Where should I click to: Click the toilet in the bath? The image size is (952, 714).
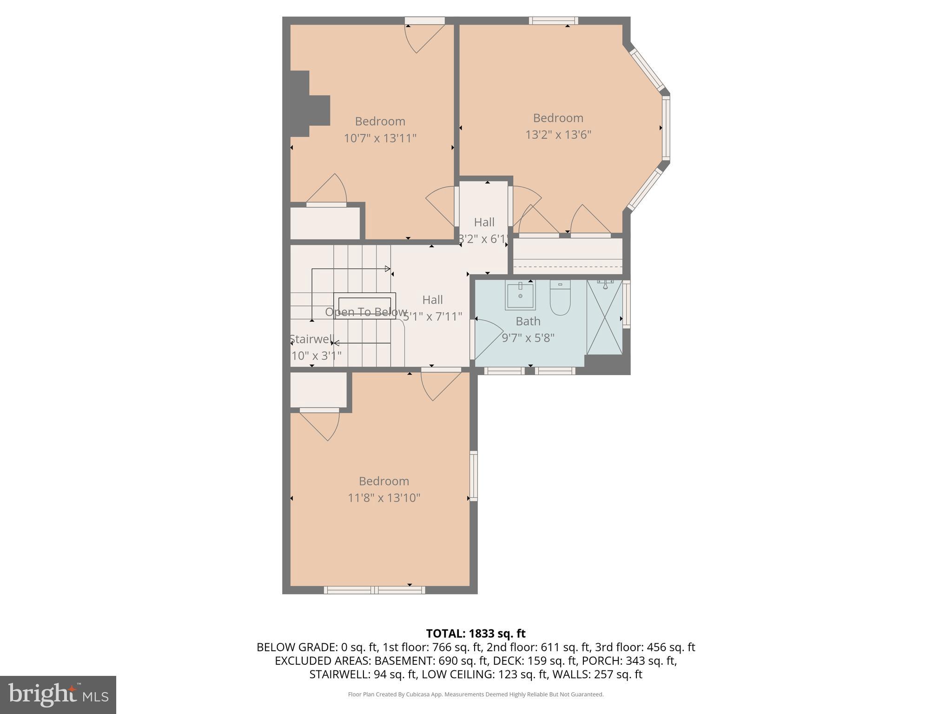click(560, 299)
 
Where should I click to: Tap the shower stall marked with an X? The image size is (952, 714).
click(604, 318)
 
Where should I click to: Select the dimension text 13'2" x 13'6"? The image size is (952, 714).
click(558, 135)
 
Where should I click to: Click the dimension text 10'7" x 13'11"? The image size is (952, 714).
click(380, 139)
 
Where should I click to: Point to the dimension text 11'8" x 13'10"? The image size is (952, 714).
click(384, 498)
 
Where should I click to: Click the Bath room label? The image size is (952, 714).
click(528, 321)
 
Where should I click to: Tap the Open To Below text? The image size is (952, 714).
click(366, 312)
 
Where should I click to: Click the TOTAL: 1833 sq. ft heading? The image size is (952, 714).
click(476, 634)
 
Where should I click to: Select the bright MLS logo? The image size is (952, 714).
click(58, 694)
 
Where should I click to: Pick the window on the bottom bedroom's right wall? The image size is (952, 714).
click(473, 476)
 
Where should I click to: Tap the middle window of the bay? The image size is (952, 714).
click(666, 128)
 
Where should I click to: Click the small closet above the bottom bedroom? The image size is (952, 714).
click(318, 390)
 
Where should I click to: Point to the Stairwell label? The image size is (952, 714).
click(311, 339)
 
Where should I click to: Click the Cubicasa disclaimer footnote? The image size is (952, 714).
click(476, 694)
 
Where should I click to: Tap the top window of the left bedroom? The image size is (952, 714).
click(424, 20)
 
